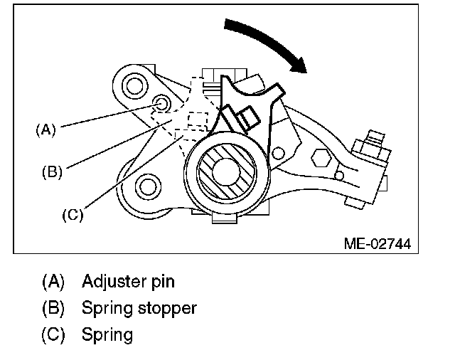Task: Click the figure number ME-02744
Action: [378, 243]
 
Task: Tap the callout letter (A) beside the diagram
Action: [45, 129]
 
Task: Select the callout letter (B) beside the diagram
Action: [52, 171]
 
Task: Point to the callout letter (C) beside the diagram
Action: [73, 215]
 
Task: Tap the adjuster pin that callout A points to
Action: [161, 104]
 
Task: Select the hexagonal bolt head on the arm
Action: [321, 158]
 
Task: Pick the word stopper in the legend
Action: [168, 308]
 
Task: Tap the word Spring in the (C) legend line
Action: [107, 334]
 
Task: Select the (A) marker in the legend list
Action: [53, 281]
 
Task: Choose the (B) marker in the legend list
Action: [53, 308]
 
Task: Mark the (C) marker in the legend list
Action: [53, 334]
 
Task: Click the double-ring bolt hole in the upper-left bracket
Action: [134, 86]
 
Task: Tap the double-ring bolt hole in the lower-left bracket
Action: [148, 186]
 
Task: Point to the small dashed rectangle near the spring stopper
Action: [198, 120]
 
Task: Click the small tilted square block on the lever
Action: [248, 118]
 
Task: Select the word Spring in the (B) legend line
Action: [107, 308]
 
